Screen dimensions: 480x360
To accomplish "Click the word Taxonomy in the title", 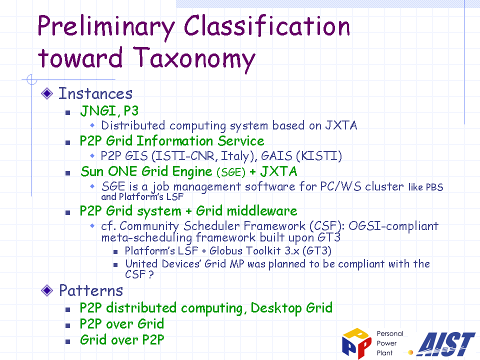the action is (194, 59).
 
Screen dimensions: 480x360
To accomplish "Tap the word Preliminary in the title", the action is (106, 27).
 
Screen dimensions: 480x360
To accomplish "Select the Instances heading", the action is (95, 93).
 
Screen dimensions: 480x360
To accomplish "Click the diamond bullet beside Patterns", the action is (47, 290).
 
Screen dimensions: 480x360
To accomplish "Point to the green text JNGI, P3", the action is (109, 111).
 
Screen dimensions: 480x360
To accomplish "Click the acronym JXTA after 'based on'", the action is (341, 125).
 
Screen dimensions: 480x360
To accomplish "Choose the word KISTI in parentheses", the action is (318, 156).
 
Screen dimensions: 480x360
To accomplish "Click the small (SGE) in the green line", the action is (231, 172).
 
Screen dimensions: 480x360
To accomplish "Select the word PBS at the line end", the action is (434, 187).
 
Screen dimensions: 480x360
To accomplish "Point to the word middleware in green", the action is (262, 210).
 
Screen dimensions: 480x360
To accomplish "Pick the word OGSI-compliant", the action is (393, 226).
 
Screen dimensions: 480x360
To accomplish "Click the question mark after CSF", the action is (150, 274).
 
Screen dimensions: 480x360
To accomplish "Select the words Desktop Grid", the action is (291, 308).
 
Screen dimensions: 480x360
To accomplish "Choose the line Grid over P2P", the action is (122, 340).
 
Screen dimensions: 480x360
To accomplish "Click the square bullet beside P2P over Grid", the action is (68, 325).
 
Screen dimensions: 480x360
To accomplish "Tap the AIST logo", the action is (446, 344).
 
